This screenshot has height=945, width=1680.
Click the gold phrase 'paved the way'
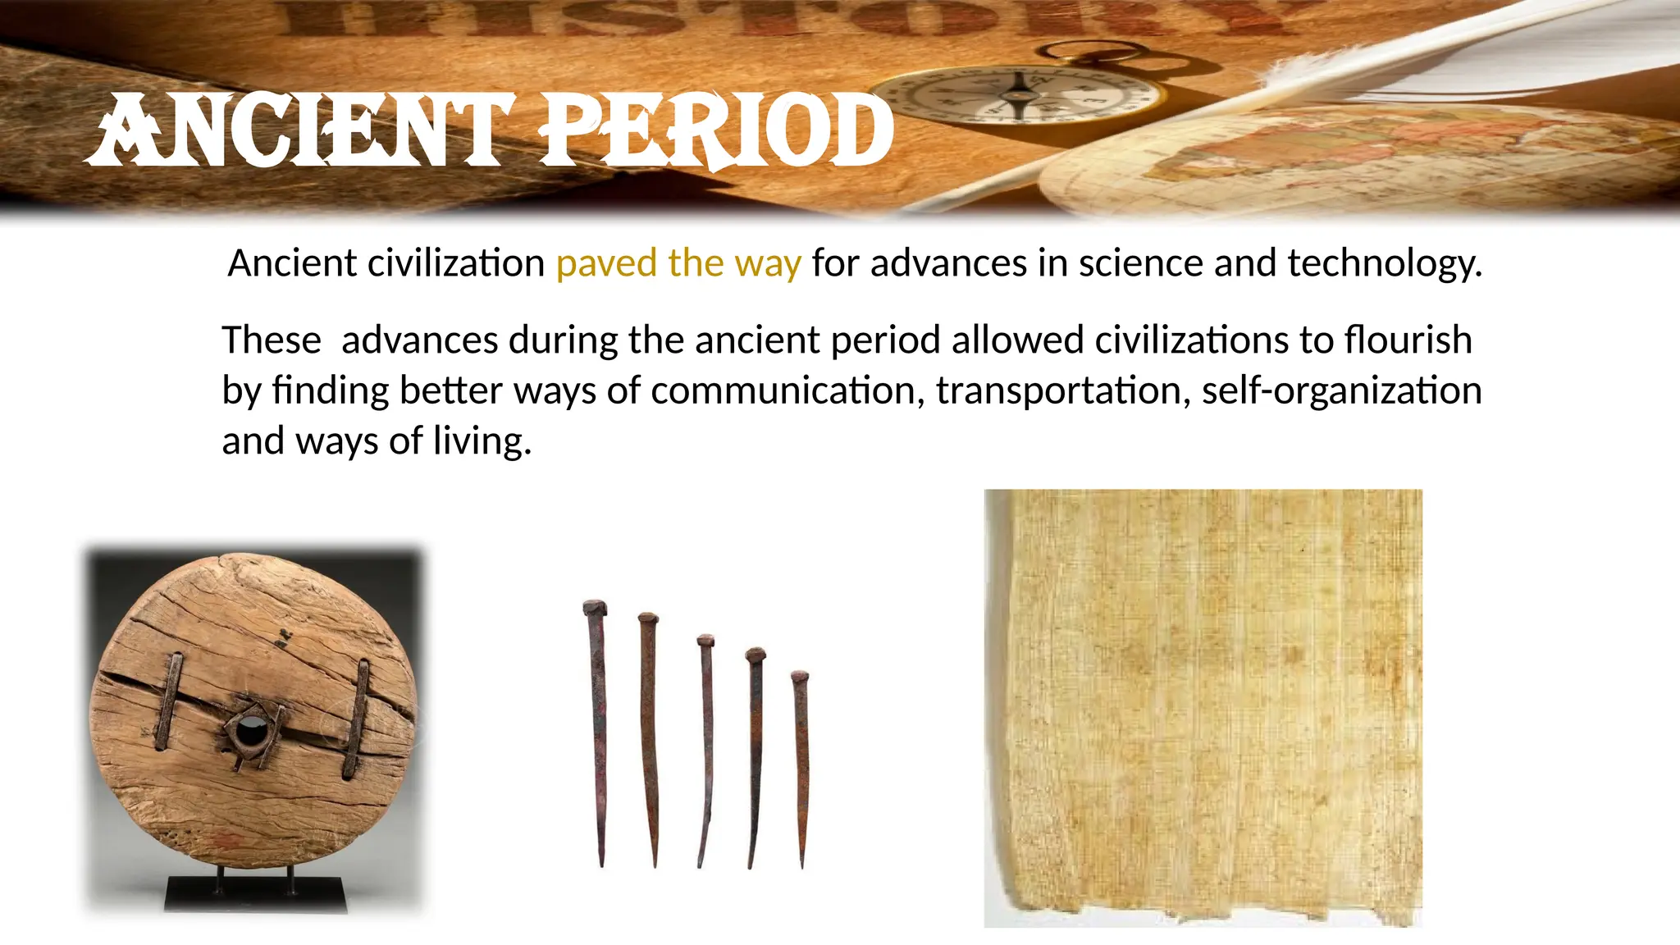678,264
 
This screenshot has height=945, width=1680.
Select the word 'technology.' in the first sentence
1385,264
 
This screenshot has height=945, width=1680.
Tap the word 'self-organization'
1342,391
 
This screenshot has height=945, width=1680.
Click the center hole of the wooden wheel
251,727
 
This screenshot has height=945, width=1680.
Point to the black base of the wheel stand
255,894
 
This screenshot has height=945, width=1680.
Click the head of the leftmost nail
595,609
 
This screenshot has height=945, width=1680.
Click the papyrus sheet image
1203,707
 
